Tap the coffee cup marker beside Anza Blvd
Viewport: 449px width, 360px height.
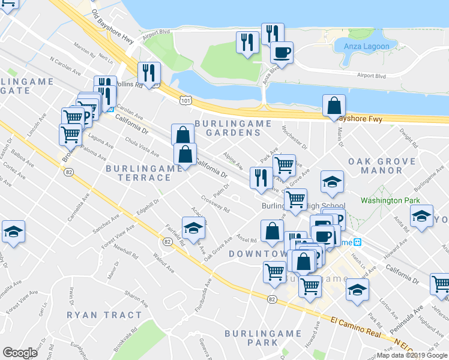(x=281, y=52)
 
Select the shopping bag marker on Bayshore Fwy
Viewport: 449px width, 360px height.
(x=333, y=106)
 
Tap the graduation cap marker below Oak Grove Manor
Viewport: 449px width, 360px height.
(x=331, y=182)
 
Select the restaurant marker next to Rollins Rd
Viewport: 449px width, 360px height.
(x=147, y=74)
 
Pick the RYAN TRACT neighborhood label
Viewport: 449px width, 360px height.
(x=104, y=315)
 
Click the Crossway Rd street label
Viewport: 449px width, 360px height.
(x=216, y=206)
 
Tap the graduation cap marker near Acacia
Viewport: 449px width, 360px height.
(x=193, y=228)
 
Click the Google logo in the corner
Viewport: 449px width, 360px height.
(x=20, y=353)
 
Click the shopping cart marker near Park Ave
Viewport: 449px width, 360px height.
(x=284, y=164)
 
